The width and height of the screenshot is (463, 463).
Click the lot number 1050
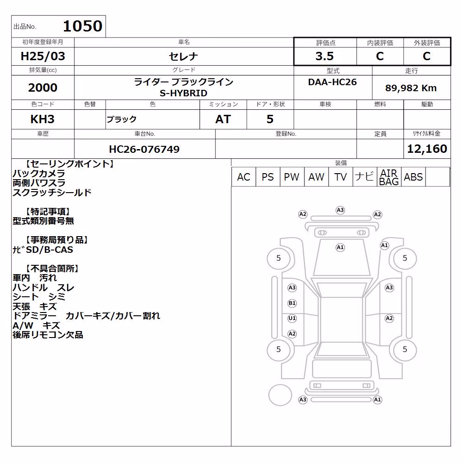[83, 26]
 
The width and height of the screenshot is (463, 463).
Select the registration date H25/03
[43, 56]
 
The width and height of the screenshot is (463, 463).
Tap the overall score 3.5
[325, 56]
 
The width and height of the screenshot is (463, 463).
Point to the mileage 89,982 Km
[411, 88]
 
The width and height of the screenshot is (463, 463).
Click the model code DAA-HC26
[332, 82]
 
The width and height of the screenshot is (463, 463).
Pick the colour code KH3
[43, 119]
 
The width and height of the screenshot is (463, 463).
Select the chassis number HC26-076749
[144, 149]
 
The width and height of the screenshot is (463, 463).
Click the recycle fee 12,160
[427, 149]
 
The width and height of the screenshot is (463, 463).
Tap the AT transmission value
[223, 119]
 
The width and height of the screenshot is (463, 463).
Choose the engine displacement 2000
[43, 88]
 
